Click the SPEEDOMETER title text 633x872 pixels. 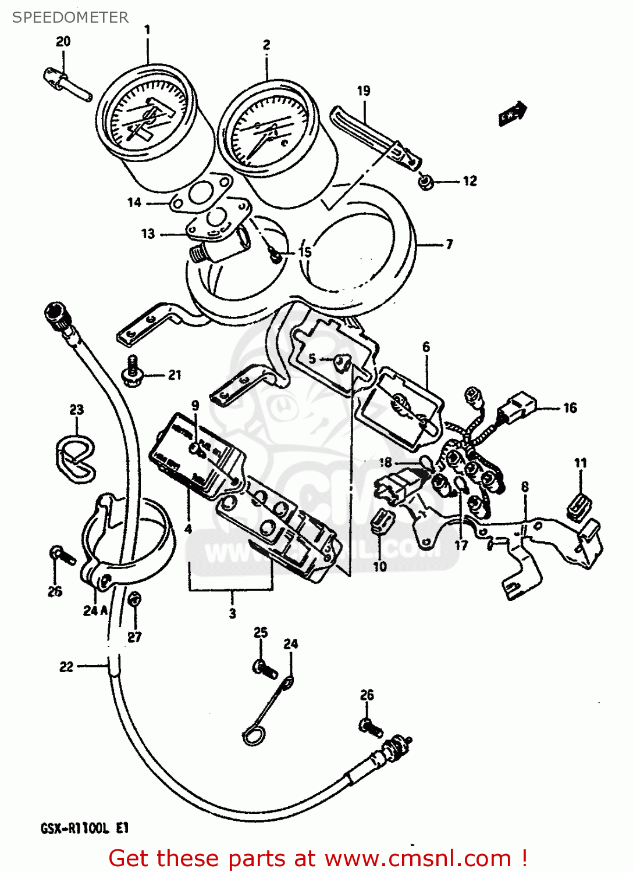click(x=70, y=17)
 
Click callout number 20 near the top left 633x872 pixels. click(x=63, y=41)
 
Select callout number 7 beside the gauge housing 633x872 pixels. click(x=449, y=244)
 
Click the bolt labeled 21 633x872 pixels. click(x=132, y=372)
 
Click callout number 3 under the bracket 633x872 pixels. click(x=232, y=613)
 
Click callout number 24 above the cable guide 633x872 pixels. click(x=290, y=644)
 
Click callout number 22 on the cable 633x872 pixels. click(x=66, y=667)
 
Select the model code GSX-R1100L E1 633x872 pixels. click(x=84, y=828)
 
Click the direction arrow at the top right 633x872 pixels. click(x=513, y=113)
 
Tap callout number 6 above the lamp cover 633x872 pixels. click(x=426, y=347)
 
